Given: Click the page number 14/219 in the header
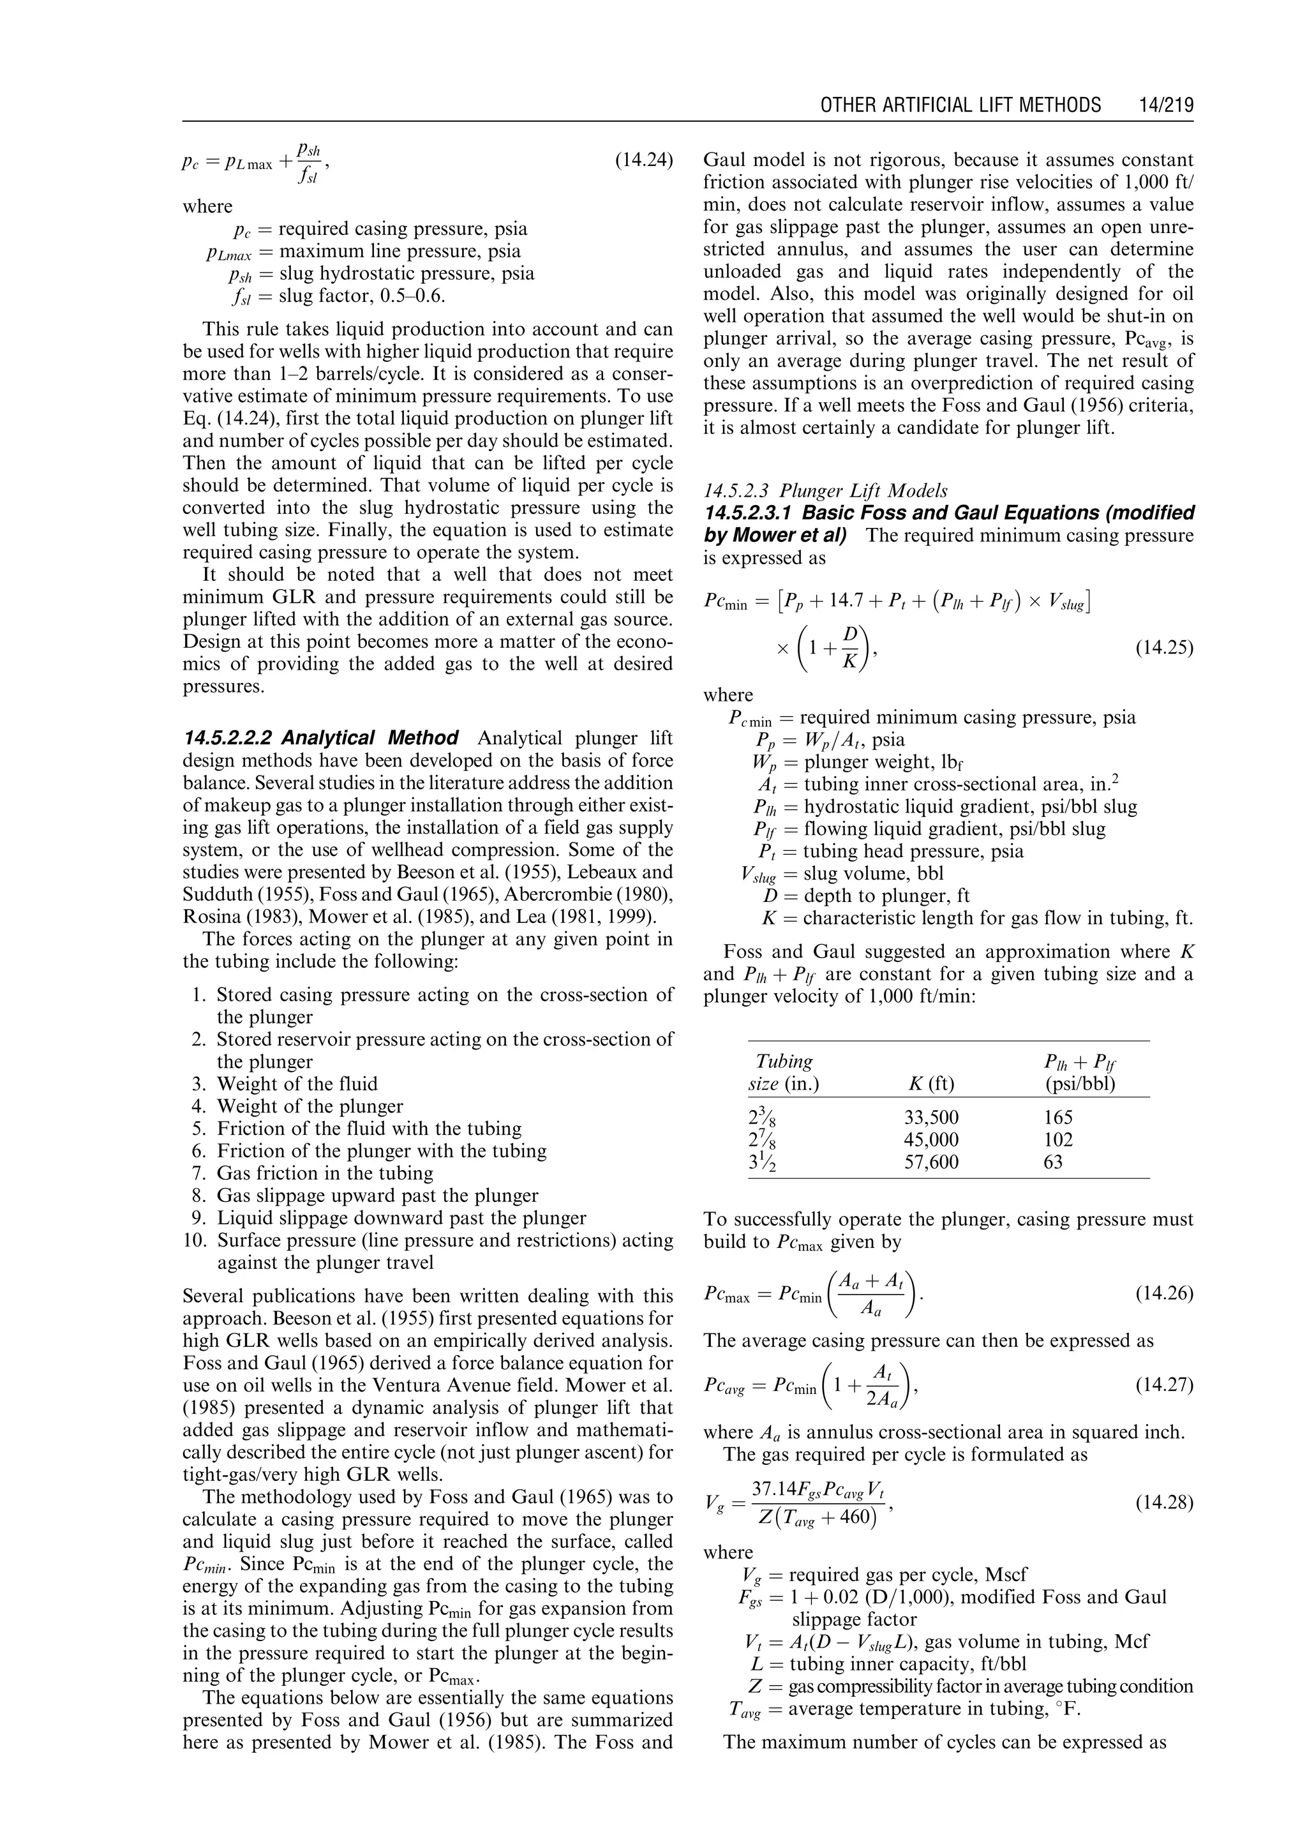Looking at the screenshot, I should click(1166, 105).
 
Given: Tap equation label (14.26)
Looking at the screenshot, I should click(1164, 1293).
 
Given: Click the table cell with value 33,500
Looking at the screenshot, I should click(931, 1118).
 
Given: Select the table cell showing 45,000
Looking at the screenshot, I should click(931, 1139).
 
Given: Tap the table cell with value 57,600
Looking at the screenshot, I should click(931, 1162).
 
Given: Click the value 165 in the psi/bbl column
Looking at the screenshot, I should click(1058, 1118).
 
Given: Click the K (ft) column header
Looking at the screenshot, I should click(930, 1084).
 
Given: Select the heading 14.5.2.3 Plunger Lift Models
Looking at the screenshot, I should click(825, 490).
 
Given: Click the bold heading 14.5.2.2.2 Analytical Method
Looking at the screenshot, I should click(320, 739).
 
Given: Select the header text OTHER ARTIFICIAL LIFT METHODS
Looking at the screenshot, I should click(960, 105).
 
